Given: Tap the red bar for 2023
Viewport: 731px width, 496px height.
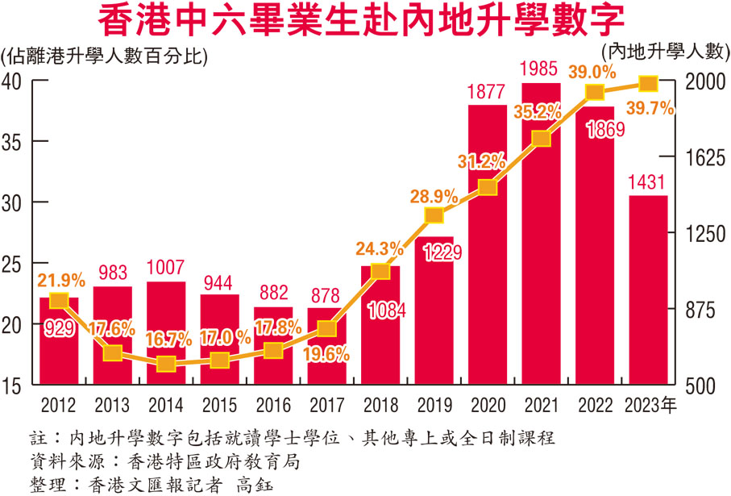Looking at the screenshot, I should [x=648, y=290].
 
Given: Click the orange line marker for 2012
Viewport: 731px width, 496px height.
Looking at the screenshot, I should [x=58, y=301].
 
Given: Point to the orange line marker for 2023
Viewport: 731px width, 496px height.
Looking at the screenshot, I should [x=648, y=84].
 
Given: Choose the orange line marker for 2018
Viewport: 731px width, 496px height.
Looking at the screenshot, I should [x=380, y=271].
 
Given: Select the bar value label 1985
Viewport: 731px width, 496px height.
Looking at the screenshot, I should [x=541, y=67].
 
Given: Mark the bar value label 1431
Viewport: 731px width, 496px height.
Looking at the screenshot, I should [x=648, y=182].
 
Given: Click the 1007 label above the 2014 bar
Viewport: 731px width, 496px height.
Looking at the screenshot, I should [x=166, y=267].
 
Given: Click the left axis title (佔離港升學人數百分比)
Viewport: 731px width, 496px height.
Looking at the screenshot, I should [x=105, y=57].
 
